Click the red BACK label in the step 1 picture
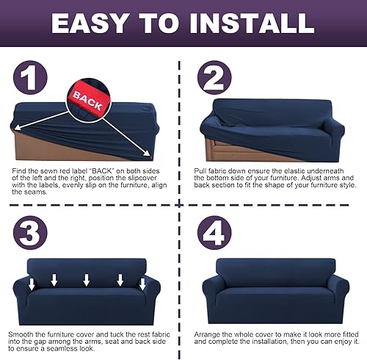[88, 102]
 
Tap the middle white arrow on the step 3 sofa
[87, 280]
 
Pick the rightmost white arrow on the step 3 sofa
[139, 282]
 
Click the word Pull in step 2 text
[206, 172]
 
